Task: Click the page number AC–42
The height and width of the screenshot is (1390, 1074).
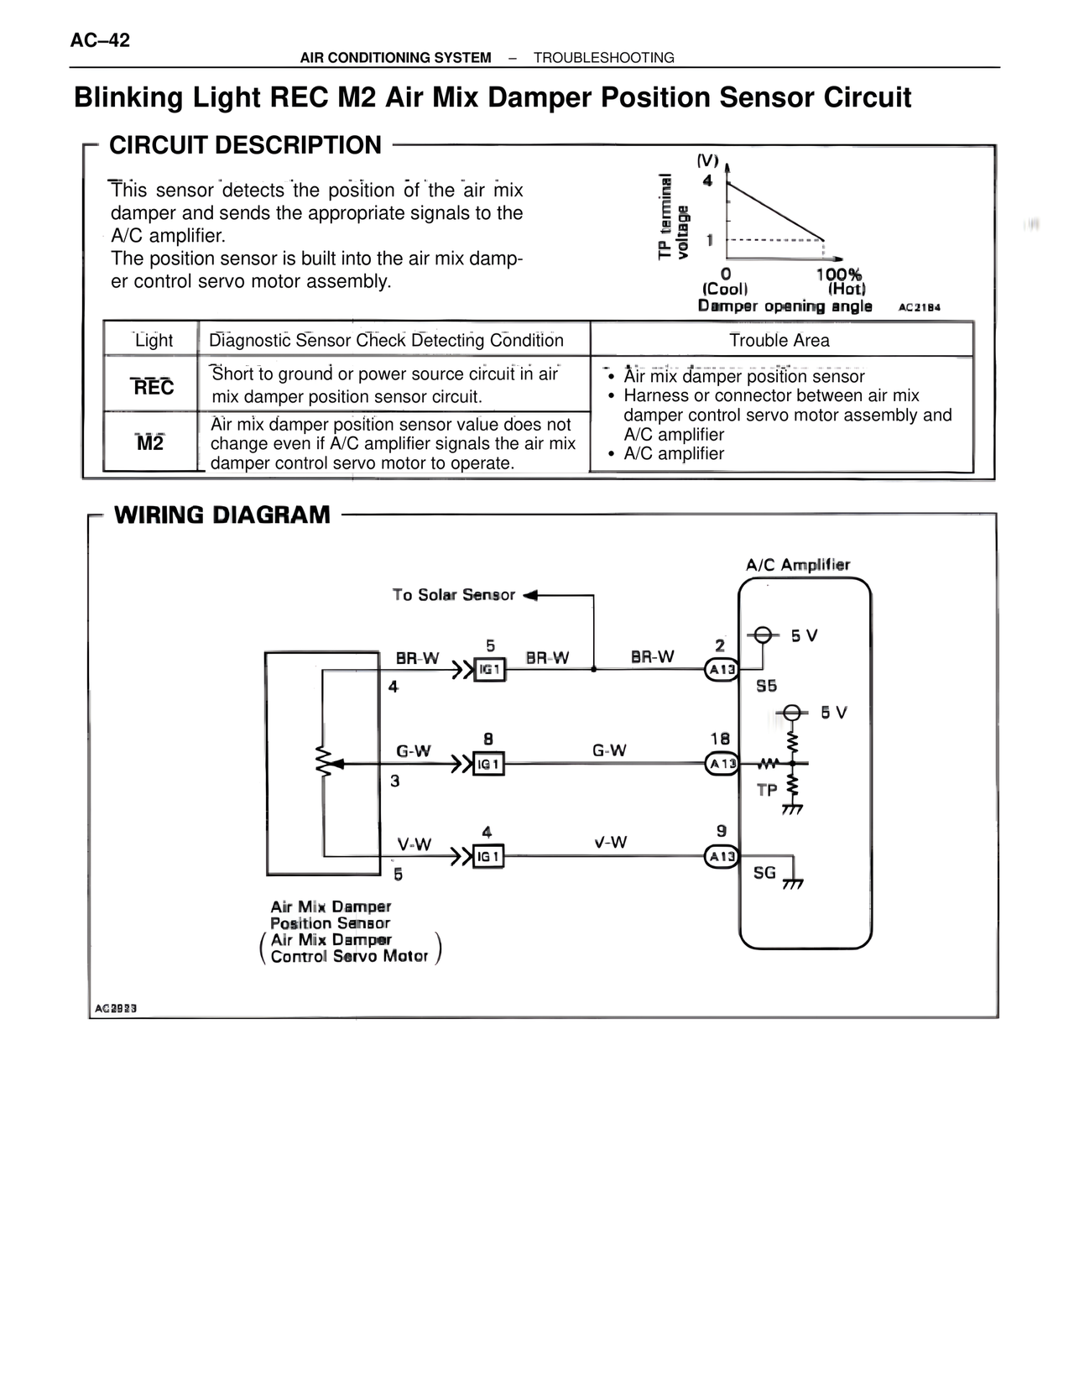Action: point(101,40)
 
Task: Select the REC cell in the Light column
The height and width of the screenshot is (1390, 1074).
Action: point(153,387)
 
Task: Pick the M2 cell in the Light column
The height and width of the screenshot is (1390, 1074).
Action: point(150,443)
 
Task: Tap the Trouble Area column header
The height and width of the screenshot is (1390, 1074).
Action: point(779,340)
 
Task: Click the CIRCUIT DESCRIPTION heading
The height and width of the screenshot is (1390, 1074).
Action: point(245,145)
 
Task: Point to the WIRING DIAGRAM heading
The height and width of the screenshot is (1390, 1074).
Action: point(222,515)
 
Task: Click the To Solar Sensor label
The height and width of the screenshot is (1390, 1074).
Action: point(453,595)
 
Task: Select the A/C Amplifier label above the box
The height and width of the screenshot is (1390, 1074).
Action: point(797,565)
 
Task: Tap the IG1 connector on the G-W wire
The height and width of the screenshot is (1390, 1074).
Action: point(488,764)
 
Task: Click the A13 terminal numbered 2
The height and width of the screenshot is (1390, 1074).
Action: point(721,669)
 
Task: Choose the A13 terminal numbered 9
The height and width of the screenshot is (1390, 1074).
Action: point(721,856)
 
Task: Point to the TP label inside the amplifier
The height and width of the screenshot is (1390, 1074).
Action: point(767,790)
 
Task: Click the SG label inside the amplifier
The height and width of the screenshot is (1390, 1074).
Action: point(764,873)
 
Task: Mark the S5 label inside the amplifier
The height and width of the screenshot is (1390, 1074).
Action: point(766,686)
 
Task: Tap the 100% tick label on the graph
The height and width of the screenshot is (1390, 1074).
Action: point(838,274)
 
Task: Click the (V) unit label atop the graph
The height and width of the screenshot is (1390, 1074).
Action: point(708,160)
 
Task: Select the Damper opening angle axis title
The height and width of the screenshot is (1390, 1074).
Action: point(785,306)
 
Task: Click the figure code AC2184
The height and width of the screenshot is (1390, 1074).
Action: point(919,307)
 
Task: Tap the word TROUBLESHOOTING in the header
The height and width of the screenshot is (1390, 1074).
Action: point(603,58)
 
